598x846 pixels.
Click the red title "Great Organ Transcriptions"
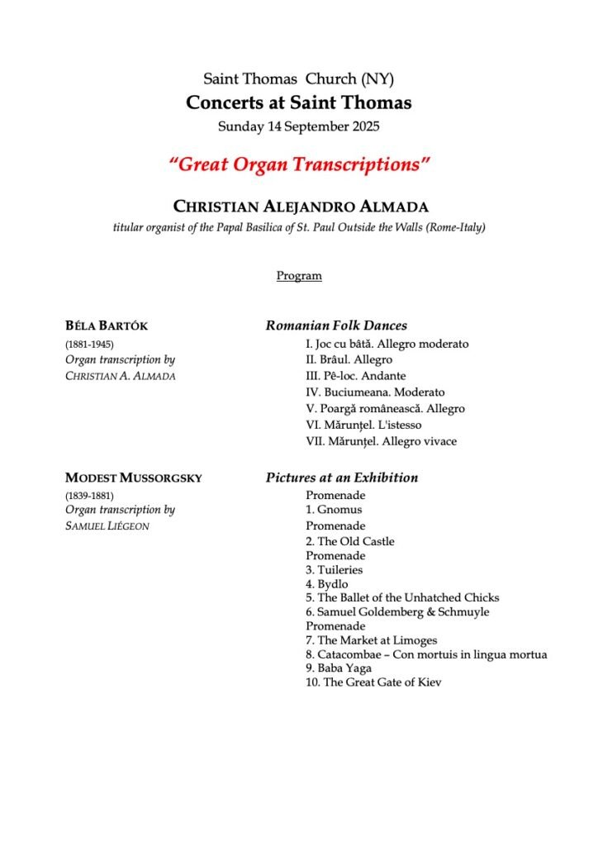click(299, 164)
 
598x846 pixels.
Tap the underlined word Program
click(299, 276)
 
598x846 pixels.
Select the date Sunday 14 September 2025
click(299, 127)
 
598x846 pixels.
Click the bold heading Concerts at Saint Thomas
click(299, 103)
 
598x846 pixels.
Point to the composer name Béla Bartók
click(107, 326)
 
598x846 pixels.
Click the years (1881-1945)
click(89, 344)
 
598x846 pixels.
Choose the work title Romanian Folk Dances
click(336, 326)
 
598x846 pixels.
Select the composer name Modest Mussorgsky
click(133, 478)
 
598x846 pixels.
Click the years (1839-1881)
click(89, 495)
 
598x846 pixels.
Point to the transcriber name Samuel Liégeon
click(107, 526)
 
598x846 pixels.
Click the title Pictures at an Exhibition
click(342, 478)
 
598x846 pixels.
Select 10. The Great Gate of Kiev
click(373, 682)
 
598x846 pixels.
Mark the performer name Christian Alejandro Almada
click(299, 207)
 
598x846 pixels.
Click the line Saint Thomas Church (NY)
click(299, 79)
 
